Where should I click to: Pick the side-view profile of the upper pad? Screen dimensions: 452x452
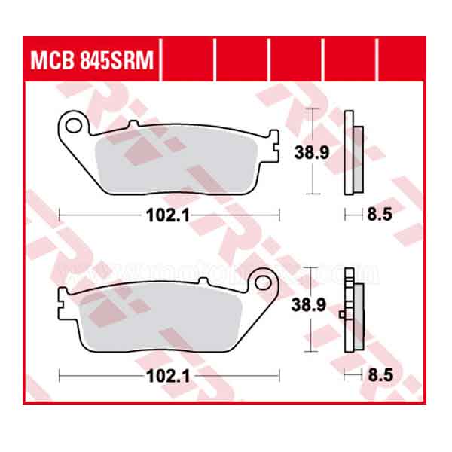(x=352, y=152)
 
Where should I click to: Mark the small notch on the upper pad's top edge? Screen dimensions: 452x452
(x=134, y=124)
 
